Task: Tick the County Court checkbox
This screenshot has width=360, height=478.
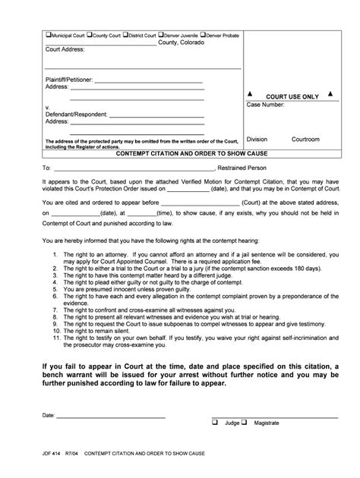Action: pos(90,35)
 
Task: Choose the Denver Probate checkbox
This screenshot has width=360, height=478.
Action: pos(204,35)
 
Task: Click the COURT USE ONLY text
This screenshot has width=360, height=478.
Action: pos(292,96)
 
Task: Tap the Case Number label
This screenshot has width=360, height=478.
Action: pos(265,105)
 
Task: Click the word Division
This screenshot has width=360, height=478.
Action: pos(257,140)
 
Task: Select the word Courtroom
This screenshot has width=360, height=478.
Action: pos(305,140)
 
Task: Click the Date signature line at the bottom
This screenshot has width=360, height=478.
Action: pos(110,417)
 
